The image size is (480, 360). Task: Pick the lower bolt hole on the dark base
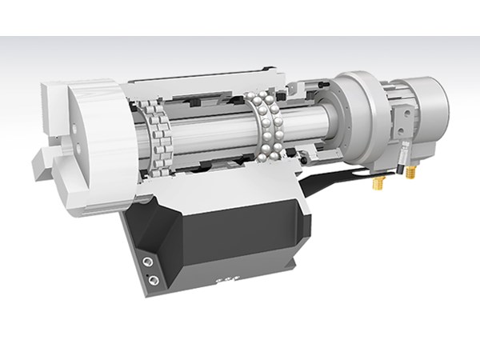(x=150, y=278)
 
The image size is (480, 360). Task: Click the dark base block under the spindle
(x=240, y=232)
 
